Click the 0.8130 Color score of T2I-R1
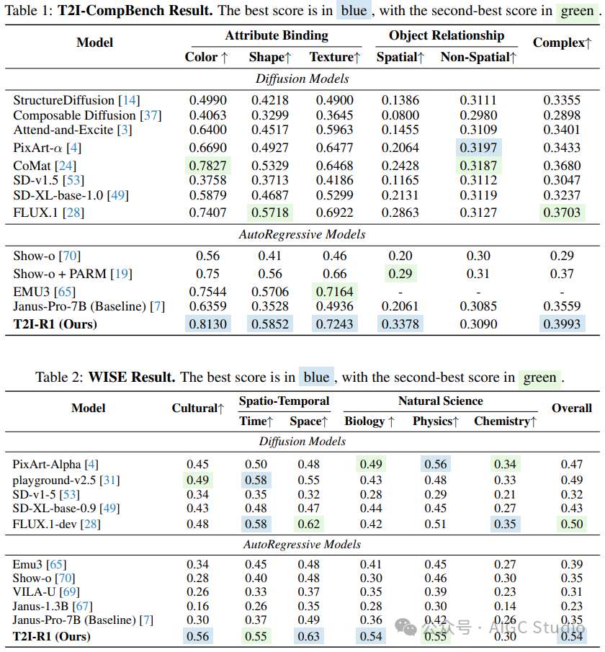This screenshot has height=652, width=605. coord(207,324)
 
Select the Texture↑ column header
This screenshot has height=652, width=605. coord(334,57)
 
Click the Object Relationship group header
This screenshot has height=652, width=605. coord(447,35)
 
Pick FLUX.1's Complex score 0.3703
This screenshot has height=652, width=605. coord(562,213)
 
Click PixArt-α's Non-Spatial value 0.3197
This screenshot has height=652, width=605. coord(478,148)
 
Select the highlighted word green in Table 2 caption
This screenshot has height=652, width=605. coord(539,378)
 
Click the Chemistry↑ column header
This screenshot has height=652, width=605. coord(505,421)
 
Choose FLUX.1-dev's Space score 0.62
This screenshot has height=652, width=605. coord(309,524)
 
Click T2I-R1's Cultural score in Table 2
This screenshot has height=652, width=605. coord(198,636)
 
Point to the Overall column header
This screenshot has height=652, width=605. coord(571,408)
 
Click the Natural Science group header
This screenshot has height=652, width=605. coord(440,401)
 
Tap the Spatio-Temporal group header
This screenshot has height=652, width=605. coord(284,401)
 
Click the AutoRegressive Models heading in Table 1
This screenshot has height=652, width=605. coord(302,234)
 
